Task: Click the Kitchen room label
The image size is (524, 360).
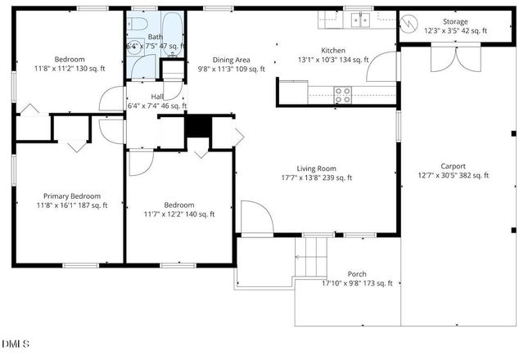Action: [333, 50]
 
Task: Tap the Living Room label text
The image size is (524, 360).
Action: [316, 169]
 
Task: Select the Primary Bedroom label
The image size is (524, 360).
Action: [72, 196]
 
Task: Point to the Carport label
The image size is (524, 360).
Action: [453, 166]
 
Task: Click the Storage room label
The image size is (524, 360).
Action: [455, 22]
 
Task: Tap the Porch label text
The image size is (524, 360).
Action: [356, 274]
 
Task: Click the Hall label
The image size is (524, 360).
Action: [156, 97]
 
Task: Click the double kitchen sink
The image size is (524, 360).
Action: [358, 20]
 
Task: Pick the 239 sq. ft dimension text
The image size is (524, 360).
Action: [316, 178]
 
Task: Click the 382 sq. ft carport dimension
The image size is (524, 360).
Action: [453, 175]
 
